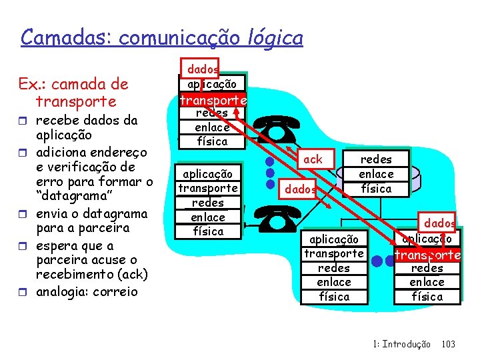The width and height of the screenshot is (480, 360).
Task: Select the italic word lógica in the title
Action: tap(274, 37)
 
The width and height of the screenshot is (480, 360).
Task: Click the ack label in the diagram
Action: tap(313, 159)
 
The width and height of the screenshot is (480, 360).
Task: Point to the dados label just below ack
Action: tap(301, 189)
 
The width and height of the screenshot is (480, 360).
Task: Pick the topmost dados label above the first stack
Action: tap(202, 69)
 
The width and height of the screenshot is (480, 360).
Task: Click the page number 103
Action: tap(449, 344)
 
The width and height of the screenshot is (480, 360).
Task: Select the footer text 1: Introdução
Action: tap(402, 344)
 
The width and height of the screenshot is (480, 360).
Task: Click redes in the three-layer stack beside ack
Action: tap(376, 159)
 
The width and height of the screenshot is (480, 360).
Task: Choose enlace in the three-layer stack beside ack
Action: tap(376, 174)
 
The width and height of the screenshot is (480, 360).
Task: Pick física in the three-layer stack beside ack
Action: tap(376, 189)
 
